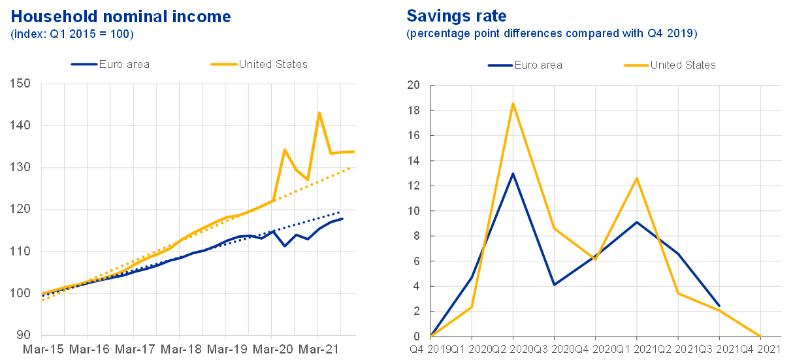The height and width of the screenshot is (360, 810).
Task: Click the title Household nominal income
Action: [121, 16]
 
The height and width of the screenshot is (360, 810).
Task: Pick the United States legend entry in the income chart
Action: [273, 64]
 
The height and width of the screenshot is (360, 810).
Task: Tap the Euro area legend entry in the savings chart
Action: [538, 65]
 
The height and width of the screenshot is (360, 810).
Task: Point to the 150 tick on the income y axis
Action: [21, 84]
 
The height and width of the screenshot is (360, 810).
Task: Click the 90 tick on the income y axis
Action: [24, 335]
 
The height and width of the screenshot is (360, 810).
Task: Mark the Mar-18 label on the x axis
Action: [180, 350]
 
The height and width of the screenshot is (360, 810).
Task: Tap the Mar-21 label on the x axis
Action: [317, 350]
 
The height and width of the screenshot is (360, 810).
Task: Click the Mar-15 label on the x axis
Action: [42, 350]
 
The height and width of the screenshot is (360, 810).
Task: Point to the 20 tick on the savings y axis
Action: [414, 85]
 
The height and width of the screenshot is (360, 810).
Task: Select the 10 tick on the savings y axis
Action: [414, 211]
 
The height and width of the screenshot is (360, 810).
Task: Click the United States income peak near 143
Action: [318, 112]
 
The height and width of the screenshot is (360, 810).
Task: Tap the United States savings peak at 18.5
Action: [513, 104]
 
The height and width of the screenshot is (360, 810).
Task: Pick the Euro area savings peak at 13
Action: [513, 173]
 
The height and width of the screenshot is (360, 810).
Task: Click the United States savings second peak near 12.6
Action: [636, 178]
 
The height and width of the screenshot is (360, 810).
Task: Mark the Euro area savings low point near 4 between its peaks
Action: [554, 285]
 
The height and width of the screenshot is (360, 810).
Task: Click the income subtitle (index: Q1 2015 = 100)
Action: [72, 34]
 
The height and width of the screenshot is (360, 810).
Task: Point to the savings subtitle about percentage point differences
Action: [552, 34]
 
